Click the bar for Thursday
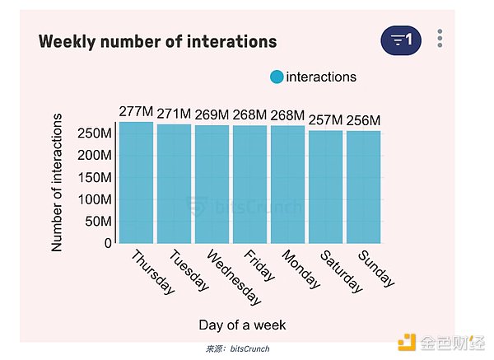[x=136, y=183]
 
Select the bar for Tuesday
[x=174, y=184]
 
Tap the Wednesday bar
[x=212, y=185]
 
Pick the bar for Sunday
[x=363, y=187]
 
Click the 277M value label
[x=136, y=112]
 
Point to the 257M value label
[x=325, y=121]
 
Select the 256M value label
[x=363, y=121]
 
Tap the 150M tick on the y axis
[x=95, y=178]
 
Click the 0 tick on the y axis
[x=108, y=244]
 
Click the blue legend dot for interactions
[x=277, y=77]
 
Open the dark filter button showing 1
[x=401, y=40]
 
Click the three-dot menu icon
[x=440, y=39]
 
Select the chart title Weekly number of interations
[x=157, y=41]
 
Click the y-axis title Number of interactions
[x=58, y=183]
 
